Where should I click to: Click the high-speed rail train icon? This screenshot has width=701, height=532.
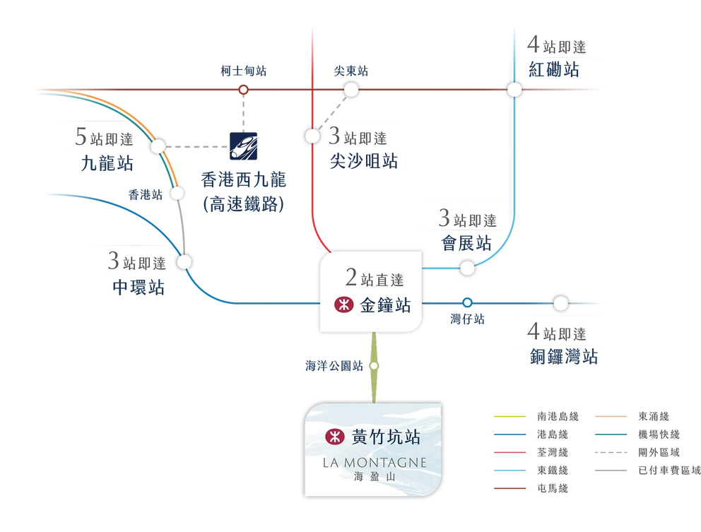tap(243, 146)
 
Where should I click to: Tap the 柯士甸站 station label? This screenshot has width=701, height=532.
tap(244, 71)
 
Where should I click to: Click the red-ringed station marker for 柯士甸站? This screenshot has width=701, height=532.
tap(244, 90)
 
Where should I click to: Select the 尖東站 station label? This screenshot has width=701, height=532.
tap(351, 71)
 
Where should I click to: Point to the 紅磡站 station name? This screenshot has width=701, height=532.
tap(554, 70)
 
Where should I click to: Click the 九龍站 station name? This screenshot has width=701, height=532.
tap(107, 163)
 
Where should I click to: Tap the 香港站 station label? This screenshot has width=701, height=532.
tap(146, 194)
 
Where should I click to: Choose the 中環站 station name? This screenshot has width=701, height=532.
tap(139, 287)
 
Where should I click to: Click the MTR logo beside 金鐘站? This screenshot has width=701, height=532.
tap(344, 305)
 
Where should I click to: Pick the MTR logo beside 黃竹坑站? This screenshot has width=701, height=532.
tap(335, 437)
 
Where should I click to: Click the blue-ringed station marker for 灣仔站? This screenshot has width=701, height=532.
tap(467, 302)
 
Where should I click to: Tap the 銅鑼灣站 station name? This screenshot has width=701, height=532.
tap(564, 357)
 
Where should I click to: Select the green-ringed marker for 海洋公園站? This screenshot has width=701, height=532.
tap(375, 366)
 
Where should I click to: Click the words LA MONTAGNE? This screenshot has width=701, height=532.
tap(375, 463)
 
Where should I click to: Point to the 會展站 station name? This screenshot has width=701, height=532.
tap(466, 243)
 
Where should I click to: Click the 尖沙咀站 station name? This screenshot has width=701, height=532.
tap(364, 161)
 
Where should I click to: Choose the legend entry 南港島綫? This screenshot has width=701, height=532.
tap(558, 417)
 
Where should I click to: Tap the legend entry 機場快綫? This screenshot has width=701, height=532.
tap(659, 435)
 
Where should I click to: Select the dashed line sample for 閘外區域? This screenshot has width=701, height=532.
tap(611, 452)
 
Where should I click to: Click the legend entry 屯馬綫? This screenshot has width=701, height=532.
tap(553, 489)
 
